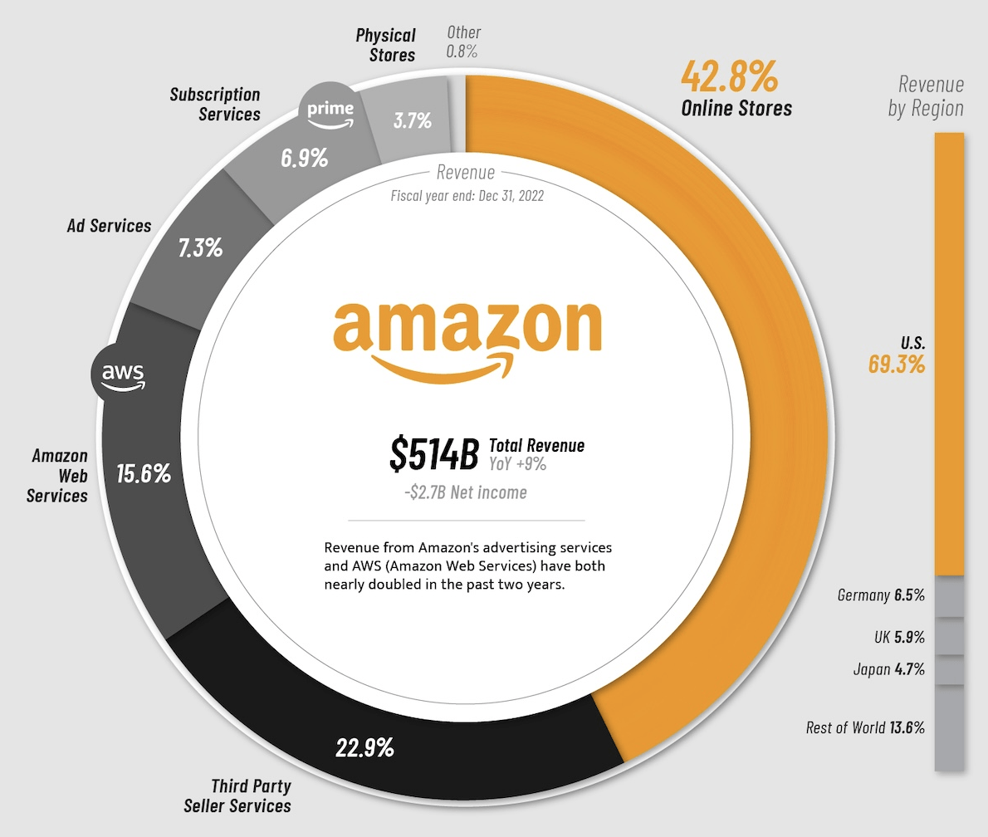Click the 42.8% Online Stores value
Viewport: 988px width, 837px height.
click(x=729, y=77)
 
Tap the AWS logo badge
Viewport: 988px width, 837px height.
click(x=122, y=375)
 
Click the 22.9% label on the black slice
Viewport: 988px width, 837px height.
click(x=364, y=748)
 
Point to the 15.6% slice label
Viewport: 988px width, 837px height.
click(x=144, y=474)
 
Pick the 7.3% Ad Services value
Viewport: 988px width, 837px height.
click(x=200, y=247)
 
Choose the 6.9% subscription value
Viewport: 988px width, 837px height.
click(x=304, y=158)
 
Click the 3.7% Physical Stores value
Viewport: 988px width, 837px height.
click(x=412, y=120)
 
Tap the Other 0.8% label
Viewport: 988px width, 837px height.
click(x=462, y=42)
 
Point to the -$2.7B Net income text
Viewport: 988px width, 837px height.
click(x=465, y=492)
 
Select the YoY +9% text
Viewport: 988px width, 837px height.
click(x=518, y=464)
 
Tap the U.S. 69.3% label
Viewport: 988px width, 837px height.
click(x=897, y=355)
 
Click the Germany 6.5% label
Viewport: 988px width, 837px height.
click(x=881, y=595)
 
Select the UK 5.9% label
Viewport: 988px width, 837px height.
click(x=898, y=637)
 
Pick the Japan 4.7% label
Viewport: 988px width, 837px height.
click(x=888, y=669)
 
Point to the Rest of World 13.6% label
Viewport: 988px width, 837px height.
click(x=865, y=727)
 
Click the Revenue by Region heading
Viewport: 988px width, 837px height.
click(x=927, y=96)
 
